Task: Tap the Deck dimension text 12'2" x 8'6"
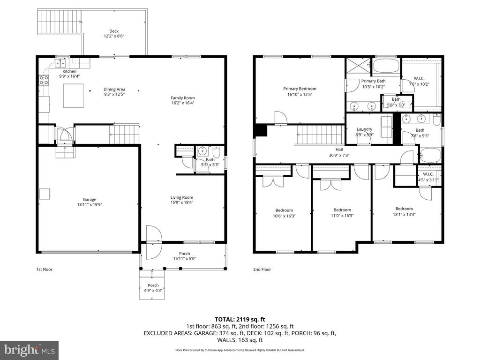[x=114, y=36]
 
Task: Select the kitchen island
[x=73, y=96]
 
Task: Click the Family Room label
[x=182, y=98]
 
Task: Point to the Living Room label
[x=181, y=197]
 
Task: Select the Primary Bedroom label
[x=300, y=89]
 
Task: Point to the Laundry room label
[x=364, y=129]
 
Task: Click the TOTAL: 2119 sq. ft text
[x=240, y=318]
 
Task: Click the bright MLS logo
[x=29, y=350]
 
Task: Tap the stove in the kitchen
[x=44, y=80]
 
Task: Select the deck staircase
[x=59, y=20]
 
